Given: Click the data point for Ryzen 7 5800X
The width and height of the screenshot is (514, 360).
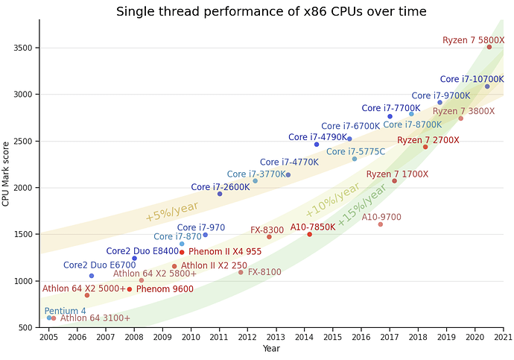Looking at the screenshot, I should [x=489, y=47].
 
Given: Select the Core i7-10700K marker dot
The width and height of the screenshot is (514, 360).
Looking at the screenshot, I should [x=487, y=86].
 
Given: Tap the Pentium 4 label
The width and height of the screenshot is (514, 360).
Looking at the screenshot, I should [x=65, y=311].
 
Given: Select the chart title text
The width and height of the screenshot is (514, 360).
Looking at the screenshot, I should [x=271, y=12].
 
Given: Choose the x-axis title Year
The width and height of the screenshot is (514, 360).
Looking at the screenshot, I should [x=271, y=349].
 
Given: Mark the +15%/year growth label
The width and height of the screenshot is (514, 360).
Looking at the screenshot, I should [x=362, y=205].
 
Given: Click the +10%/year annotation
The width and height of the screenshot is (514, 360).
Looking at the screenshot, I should [x=332, y=200].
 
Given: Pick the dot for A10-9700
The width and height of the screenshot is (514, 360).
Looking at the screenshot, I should [x=380, y=224].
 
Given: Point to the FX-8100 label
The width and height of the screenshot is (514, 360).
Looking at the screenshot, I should [x=264, y=272].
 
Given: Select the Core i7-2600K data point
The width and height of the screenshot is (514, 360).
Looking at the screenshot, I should [x=220, y=194].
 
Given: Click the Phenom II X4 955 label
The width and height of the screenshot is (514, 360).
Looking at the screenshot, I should [x=224, y=252].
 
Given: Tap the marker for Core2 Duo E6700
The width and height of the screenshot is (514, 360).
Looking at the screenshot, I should [x=92, y=276].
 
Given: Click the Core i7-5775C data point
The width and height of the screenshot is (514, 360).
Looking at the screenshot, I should [x=355, y=159].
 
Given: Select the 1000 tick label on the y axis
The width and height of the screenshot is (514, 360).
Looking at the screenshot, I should [x=23, y=281].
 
